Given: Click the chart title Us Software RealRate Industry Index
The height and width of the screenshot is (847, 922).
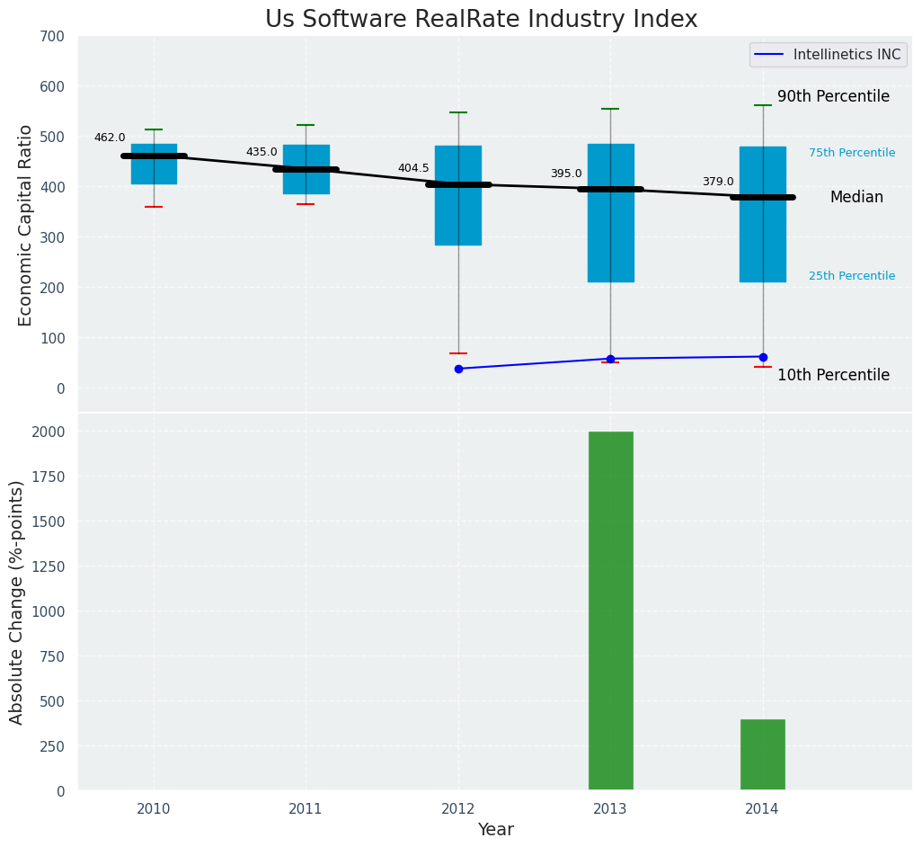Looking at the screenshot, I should point(481,20).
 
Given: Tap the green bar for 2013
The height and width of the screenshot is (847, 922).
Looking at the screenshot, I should point(610,611).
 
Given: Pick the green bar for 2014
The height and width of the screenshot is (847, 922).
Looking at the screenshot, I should point(762,754).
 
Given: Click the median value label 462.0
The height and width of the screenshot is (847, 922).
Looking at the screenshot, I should point(110,138).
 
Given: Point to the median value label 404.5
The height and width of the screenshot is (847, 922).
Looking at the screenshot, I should point(413,168).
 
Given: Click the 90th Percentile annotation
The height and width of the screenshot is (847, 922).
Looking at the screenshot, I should point(833,96).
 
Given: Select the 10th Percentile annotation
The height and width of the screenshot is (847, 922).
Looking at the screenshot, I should point(833,375).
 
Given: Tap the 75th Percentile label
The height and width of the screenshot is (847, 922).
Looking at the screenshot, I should point(851,153).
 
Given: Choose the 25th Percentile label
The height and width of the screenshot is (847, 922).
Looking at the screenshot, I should point(851,276).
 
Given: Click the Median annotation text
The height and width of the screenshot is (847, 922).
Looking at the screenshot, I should point(856,197).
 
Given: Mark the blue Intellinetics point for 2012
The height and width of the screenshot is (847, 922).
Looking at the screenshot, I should point(458,369).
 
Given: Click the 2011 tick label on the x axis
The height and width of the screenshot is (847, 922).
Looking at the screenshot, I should point(306,809).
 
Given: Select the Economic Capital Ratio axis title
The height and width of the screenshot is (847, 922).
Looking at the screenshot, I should point(25,225).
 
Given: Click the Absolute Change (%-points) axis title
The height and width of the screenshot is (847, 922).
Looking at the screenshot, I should point(17,602).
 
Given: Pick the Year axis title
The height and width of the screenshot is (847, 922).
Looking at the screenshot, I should point(495,830).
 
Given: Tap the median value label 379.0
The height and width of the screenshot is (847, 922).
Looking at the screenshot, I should point(717,182).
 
